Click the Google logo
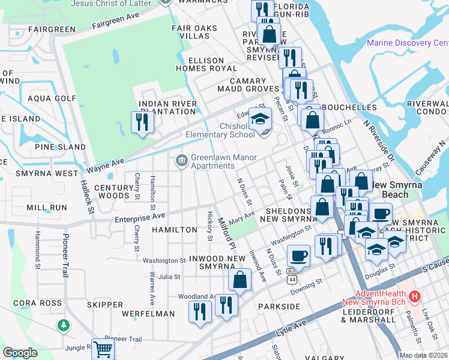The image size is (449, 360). (20, 353)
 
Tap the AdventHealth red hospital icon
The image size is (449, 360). (414, 296)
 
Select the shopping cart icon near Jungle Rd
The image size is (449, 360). (104, 348)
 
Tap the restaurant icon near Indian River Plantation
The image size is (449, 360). (143, 122)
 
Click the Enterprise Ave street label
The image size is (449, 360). (140, 215)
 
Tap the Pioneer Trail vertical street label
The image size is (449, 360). (65, 255)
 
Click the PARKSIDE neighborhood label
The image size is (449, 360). (279, 306)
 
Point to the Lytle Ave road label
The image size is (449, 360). (291, 328)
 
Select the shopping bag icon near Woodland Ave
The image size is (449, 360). (240, 280)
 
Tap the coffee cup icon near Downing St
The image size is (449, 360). (298, 256)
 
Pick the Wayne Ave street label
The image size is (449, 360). (106, 162)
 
